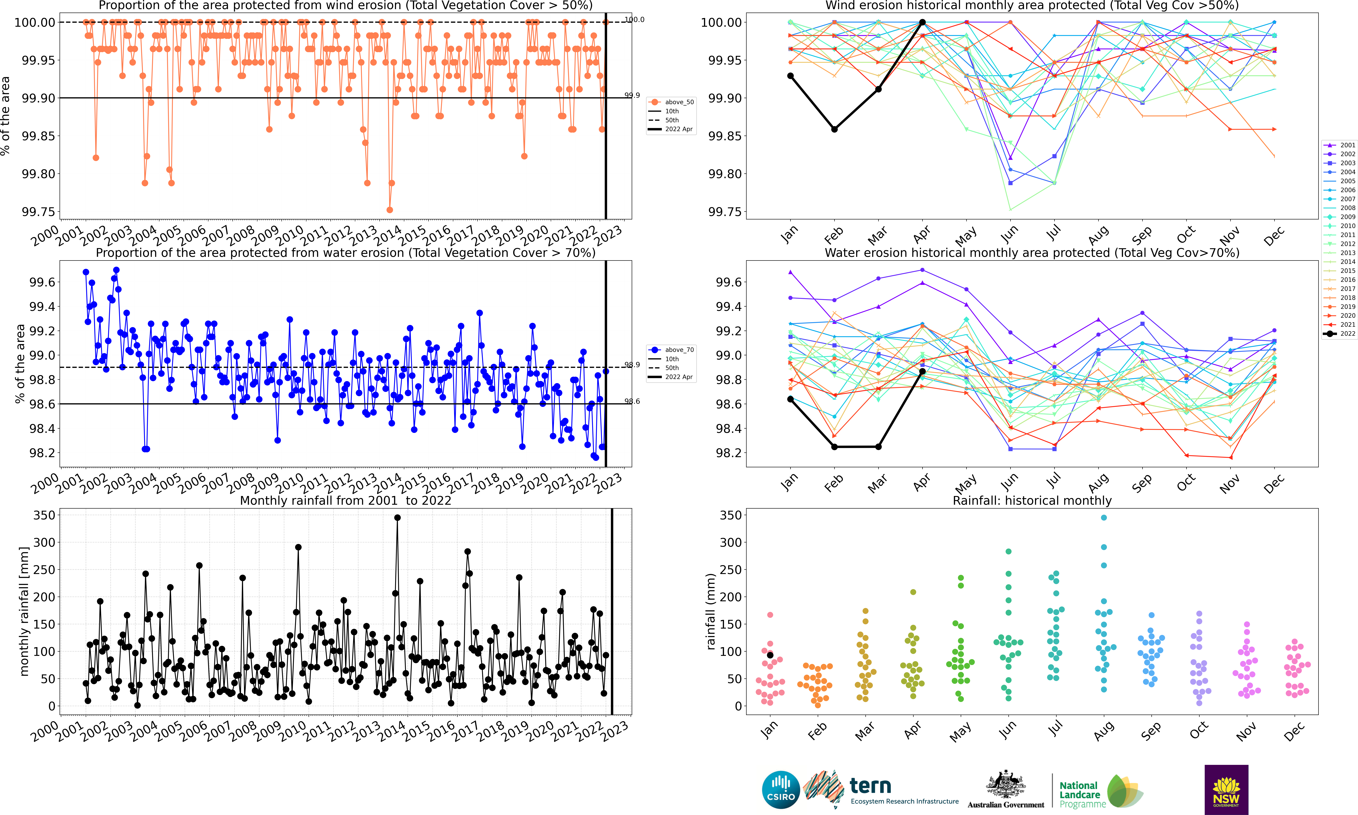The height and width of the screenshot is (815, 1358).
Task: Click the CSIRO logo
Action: click(x=780, y=790)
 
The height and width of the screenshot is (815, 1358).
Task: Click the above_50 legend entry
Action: click(x=671, y=102)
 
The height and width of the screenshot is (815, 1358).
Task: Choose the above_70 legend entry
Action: click(x=671, y=350)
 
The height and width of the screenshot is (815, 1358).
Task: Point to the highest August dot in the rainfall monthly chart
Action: click(x=1104, y=517)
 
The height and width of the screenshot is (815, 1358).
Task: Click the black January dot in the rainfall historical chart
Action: click(x=770, y=655)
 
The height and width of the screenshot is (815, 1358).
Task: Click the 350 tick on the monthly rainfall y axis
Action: click(x=44, y=515)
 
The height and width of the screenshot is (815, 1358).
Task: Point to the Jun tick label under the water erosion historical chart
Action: click(x=1009, y=482)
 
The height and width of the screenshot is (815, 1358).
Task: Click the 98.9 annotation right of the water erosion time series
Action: click(x=632, y=365)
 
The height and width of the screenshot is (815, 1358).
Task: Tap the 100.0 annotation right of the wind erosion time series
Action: click(x=634, y=20)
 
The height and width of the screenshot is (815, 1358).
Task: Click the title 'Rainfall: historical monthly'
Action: click(x=1032, y=500)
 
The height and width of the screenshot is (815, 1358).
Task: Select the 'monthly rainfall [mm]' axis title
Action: click(x=24, y=611)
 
